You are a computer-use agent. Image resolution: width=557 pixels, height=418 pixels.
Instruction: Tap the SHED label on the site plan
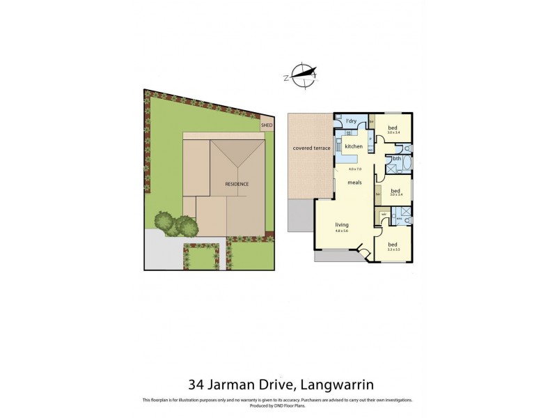coord(267,126)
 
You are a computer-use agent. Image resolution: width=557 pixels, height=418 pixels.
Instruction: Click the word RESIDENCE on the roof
coord(237,184)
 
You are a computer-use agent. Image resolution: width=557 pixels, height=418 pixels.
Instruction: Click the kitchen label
coord(354,146)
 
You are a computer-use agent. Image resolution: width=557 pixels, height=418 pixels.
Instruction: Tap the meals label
coord(355,183)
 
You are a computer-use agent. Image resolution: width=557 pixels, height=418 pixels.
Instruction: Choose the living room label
coord(341,225)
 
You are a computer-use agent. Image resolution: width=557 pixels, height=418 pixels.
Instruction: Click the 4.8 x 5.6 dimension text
coord(341,231)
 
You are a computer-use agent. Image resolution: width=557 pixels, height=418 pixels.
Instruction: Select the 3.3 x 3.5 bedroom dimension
coord(394,249)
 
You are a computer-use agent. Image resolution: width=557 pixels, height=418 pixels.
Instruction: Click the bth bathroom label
coord(396,159)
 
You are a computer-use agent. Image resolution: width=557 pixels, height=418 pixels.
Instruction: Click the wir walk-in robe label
coord(384,214)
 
